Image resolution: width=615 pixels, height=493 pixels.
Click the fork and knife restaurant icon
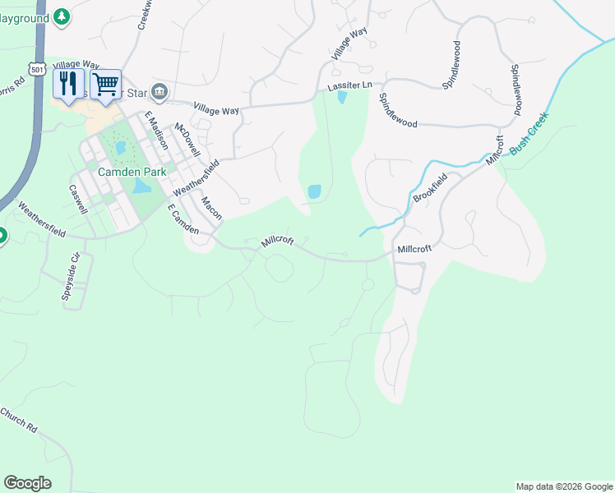pos(67,83)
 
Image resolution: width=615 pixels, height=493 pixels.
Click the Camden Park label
pos(132,172)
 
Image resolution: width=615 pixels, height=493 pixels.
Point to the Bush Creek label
pos(527,135)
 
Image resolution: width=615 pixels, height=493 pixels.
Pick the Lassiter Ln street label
pos(349,85)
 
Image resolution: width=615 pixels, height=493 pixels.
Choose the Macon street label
pos(211,208)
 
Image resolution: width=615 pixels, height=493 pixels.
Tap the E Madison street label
pos(156,130)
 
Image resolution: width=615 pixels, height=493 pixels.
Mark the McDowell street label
pos(187,140)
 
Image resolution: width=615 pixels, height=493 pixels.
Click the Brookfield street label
pos(430,187)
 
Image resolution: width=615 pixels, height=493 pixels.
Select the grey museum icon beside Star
pos(160,92)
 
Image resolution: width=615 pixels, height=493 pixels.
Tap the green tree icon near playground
pos(61,16)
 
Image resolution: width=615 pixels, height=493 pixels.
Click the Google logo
pos(27,483)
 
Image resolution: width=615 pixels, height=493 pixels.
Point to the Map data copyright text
pos(563,486)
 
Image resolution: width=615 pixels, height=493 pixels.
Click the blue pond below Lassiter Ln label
pos(341,97)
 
